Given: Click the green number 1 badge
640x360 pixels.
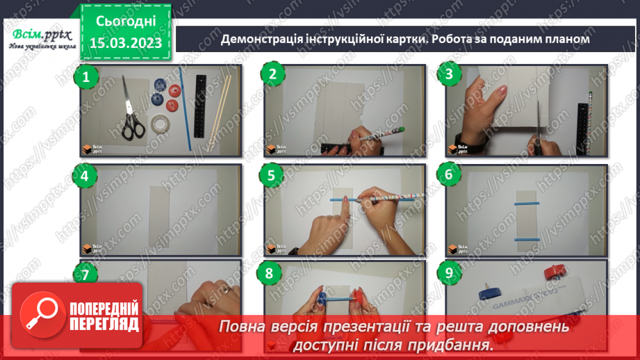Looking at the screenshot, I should (86, 78).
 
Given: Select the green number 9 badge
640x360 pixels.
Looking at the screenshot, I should (450, 273).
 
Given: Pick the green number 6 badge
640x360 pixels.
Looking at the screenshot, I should (450, 176).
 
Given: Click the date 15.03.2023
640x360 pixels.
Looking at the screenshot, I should (125, 42).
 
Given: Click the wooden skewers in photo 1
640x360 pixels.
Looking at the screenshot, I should (223, 104).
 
